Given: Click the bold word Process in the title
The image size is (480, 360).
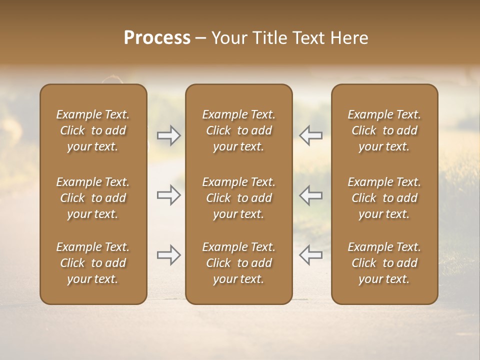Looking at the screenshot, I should point(157,38).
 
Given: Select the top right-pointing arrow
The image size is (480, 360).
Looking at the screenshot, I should point(168,135).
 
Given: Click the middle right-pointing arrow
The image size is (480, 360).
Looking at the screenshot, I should point(168,195).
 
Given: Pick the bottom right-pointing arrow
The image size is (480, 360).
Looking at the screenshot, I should point(168,255).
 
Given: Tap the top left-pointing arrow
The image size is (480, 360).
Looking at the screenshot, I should point(311,135).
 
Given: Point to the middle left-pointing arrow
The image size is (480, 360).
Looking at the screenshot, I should point(311,195).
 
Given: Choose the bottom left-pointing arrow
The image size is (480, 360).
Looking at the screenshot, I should point(311,255).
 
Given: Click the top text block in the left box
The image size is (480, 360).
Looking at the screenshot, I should point(93,130).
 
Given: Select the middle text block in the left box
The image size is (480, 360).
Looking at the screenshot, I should point(93,198).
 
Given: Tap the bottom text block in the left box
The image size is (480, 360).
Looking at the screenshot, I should point(93,263).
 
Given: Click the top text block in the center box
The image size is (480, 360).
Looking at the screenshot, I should point(239,130).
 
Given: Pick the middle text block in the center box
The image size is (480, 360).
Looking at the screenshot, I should point(239,198).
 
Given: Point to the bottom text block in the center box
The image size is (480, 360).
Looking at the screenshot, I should point(239,263).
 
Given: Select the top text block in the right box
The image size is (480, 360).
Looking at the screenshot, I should point(384,130).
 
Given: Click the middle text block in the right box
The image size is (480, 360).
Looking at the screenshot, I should point(384,198).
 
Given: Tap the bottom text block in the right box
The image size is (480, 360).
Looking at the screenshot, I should point(384,263).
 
